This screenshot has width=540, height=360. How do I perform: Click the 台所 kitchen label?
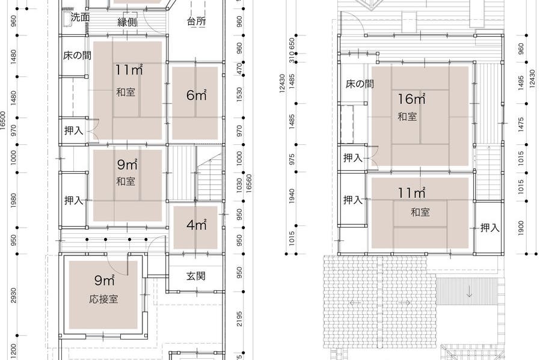coord(196,22)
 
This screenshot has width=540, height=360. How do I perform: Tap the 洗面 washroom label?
coord(81,17)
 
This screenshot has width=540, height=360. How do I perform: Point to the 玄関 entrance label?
coord(195,276)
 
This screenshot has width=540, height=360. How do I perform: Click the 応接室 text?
coord(103,299)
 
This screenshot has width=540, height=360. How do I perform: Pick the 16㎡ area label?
coord(411,99)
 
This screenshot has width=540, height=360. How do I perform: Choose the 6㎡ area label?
coord(196,94)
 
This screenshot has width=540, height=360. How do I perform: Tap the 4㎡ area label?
coord(196,225)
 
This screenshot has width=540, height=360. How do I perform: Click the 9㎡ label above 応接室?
coord(104,280)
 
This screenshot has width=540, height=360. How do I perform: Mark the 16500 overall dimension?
coord(4,120)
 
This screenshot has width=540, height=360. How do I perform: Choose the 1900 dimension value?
coord(521,228)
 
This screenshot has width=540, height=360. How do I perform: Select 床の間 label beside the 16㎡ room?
coord(360,84)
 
